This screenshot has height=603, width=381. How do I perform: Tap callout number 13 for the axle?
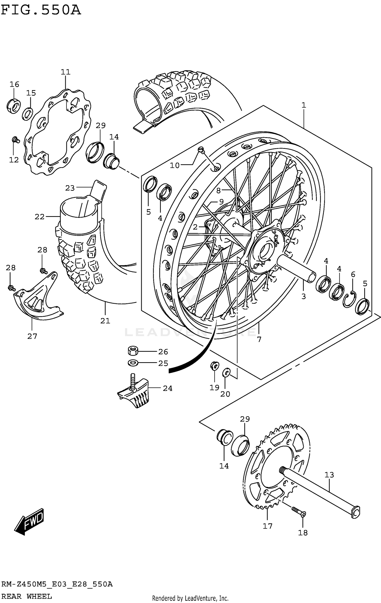[329, 475]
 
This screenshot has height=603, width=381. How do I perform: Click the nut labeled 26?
[132, 351]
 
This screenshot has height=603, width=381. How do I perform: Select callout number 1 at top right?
[304, 105]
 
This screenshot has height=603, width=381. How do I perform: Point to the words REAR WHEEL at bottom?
[26, 596]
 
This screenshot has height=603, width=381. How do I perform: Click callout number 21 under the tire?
[105, 321]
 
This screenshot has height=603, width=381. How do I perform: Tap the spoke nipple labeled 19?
[214, 366]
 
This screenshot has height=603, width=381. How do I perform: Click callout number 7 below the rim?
[259, 339]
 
